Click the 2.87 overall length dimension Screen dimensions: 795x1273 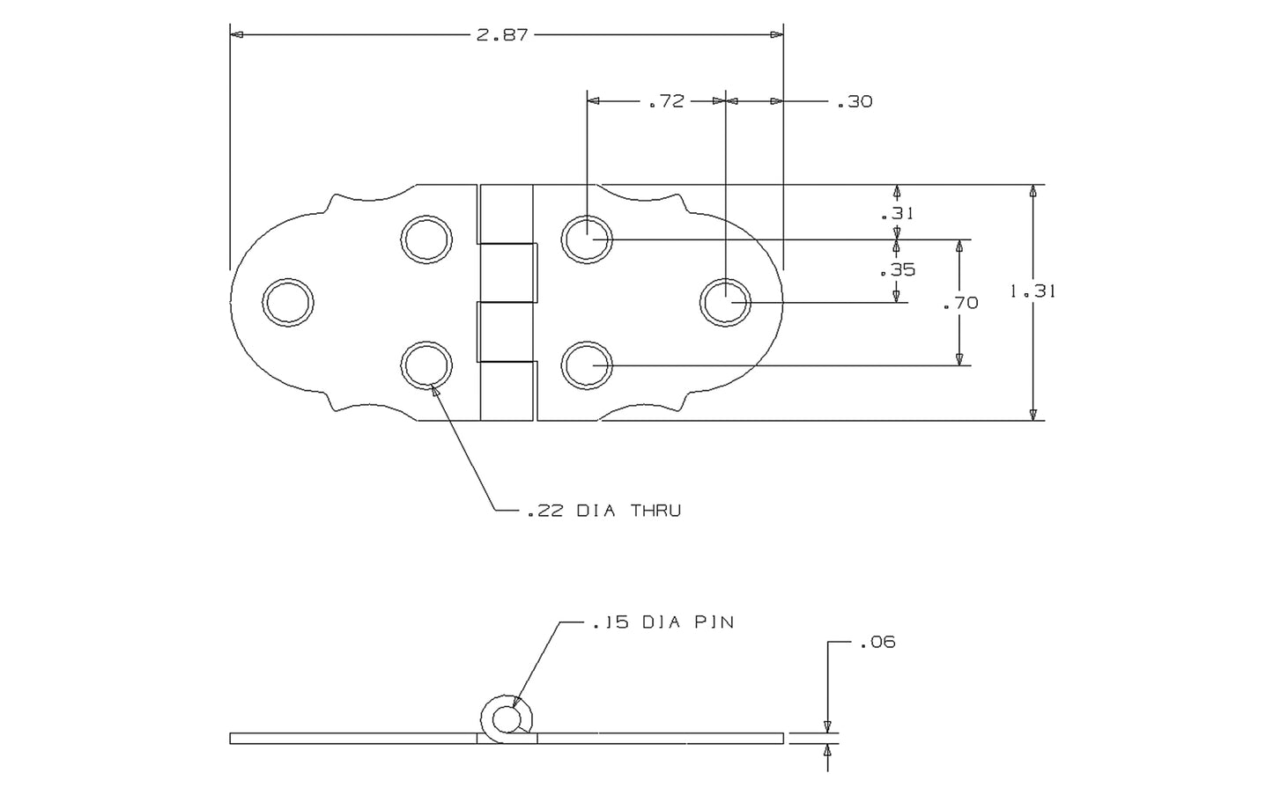(501, 35)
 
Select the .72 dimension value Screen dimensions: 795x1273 (666, 101)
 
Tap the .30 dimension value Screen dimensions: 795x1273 (854, 102)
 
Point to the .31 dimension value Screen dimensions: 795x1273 (898, 213)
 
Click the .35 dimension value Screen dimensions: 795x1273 (898, 270)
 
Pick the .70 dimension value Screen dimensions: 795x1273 (959, 303)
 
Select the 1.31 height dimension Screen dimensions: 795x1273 (1032, 291)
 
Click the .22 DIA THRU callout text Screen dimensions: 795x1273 (603, 511)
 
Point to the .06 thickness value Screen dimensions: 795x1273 (877, 642)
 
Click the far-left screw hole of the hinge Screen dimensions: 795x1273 (288, 302)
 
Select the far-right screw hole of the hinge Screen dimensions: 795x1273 (725, 302)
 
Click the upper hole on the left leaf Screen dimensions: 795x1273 (426, 239)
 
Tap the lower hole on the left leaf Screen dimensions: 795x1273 (426, 365)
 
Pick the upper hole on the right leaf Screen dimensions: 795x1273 (587, 239)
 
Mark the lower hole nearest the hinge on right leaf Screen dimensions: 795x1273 (587, 365)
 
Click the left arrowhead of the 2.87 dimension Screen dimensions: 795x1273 (235, 35)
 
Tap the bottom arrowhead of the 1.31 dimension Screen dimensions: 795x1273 (1033, 415)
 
